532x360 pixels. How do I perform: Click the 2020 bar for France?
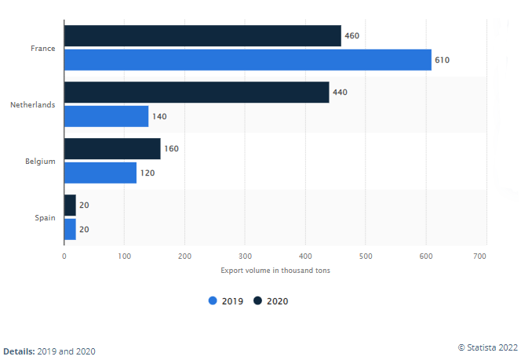pyautogui.click(x=202, y=36)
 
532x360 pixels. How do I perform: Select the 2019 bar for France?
pyautogui.click(x=247, y=60)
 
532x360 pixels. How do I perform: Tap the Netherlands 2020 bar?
pyautogui.click(x=196, y=93)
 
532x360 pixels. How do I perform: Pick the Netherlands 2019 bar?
pyautogui.click(x=106, y=116)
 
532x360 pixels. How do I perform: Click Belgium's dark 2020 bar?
pyautogui.click(x=112, y=149)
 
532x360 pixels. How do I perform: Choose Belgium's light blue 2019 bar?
pyautogui.click(x=100, y=173)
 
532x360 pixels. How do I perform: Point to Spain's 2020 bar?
pyautogui.click(x=70, y=205)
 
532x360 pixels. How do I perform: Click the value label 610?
pyautogui.click(x=443, y=60)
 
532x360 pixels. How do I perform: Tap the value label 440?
pyautogui.click(x=341, y=93)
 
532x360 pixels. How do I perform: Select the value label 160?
pyautogui.click(x=172, y=149)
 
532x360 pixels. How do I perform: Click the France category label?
pyautogui.click(x=42, y=49)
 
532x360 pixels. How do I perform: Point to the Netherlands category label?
pyautogui.click(x=32, y=104)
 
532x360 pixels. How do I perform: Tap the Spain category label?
pyautogui.click(x=44, y=217)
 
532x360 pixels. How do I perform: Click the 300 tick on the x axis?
pyautogui.click(x=245, y=256)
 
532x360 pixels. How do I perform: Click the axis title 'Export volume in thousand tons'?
pyautogui.click(x=275, y=271)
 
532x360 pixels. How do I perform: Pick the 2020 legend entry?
pyautogui.click(x=271, y=300)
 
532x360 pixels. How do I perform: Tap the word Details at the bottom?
pyautogui.click(x=19, y=351)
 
